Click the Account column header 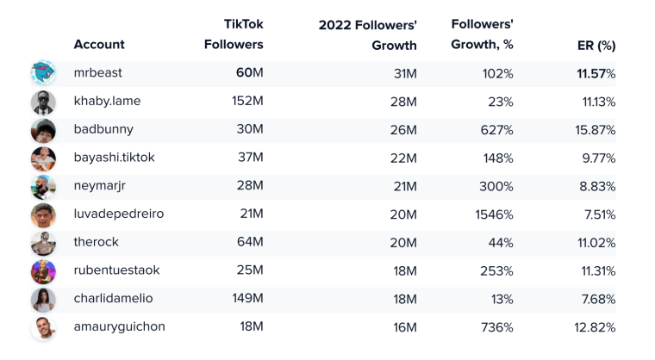pos(99,45)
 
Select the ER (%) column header pos(596,45)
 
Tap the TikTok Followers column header pos(233,34)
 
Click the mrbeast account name pos(99,73)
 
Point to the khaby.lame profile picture pos(43,102)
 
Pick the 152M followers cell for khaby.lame pos(247,102)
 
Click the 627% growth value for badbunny pos(497,130)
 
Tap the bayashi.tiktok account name pos(114,158)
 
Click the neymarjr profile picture pos(43,186)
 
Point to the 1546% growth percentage pos(494,214)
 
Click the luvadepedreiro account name pos(118,214)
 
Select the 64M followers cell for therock pos(250,243)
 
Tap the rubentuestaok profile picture pos(43,270)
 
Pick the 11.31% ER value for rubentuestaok pos(596,270)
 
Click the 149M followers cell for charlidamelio pos(247,299)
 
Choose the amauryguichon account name pos(119,327)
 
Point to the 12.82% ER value pos(595,327)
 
